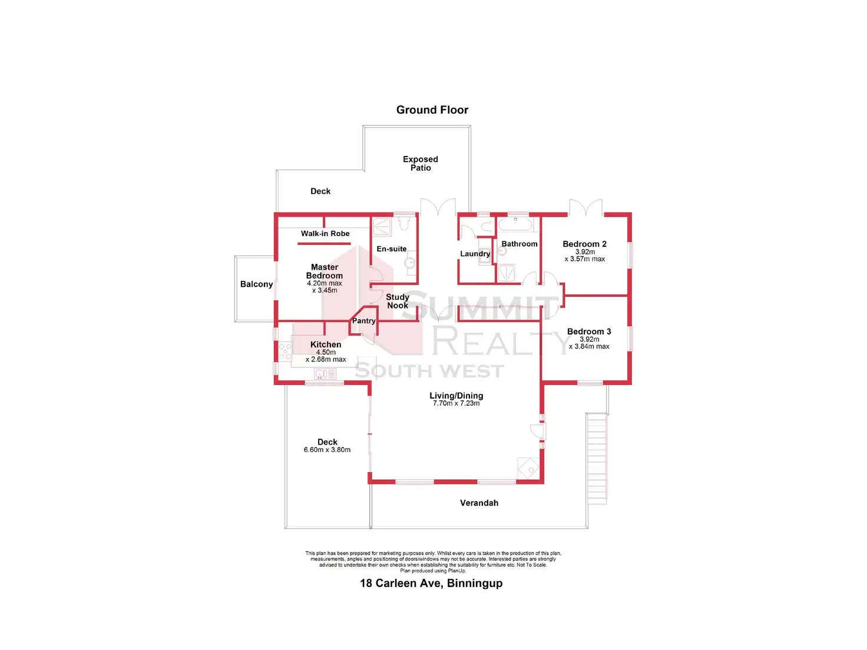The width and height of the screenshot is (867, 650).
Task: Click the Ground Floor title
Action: tap(432, 110)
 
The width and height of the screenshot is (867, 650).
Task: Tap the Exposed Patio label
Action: tap(421, 164)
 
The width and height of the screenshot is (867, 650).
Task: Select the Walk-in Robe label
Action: tap(325, 234)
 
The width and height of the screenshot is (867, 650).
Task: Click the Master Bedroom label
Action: tap(325, 271)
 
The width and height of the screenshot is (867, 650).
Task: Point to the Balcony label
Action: tap(256, 284)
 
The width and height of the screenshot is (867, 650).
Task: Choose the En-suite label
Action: tap(392, 249)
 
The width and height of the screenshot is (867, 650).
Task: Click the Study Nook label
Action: tap(398, 301)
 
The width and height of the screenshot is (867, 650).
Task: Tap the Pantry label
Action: tap(363, 321)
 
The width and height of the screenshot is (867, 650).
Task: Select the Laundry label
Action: tap(475, 254)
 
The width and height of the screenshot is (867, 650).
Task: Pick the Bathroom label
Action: tap(519, 244)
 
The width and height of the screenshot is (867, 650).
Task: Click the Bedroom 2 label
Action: tap(584, 244)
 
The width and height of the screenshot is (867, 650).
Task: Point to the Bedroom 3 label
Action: tap(589, 331)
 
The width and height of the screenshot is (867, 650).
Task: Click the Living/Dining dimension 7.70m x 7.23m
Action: tap(456, 403)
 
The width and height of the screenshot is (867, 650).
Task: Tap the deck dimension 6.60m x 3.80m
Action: tap(327, 450)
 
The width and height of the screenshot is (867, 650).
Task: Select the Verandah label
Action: tap(479, 503)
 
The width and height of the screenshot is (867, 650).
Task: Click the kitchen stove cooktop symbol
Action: tap(285, 351)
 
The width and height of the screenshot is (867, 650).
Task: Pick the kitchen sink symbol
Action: tap(325, 374)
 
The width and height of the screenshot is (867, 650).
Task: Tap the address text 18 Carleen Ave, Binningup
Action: tap(431, 583)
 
